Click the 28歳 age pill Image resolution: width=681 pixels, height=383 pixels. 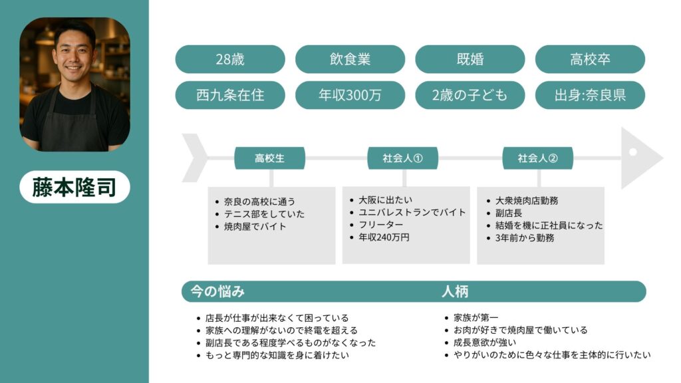tap(230, 59)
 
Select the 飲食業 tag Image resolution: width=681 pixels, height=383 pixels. tap(350, 59)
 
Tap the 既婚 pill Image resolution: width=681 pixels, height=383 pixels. tap(470, 59)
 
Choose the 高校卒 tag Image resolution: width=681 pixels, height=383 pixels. tap(590, 59)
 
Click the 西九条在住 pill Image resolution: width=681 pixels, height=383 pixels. tap(230, 95)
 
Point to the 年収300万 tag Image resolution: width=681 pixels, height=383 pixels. tap(350, 95)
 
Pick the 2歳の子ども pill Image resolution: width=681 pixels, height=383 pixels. tap(470, 95)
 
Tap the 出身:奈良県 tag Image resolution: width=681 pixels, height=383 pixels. tap(590, 95)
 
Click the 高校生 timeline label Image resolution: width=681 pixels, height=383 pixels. tap(270, 158)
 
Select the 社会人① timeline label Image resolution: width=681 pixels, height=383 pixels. tap(402, 158)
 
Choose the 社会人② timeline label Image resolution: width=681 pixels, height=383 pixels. tap(537, 158)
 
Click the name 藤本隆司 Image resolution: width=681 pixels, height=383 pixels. tap(74, 187)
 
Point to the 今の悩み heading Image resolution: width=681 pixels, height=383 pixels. tap(217, 291)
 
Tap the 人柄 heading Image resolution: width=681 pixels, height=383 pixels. tap(455, 291)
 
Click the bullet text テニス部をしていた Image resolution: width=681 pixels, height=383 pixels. tap(264, 214)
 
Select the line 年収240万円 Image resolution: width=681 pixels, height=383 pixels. tap(384, 237)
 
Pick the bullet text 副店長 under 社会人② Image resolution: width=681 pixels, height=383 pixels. tap(509, 213)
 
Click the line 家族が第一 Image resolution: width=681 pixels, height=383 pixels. tap(476, 318)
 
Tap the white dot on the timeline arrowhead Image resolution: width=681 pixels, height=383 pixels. tap(633, 152)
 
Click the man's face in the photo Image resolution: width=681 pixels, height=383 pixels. tap(74, 55)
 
